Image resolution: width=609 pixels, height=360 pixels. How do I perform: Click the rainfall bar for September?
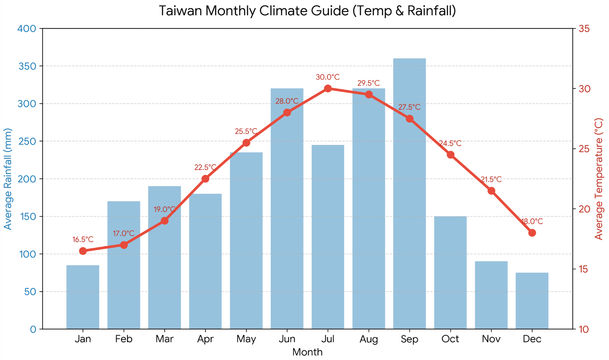click(409, 193)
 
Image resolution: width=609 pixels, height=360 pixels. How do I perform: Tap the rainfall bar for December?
click(532, 300)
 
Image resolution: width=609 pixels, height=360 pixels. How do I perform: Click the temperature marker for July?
click(328, 89)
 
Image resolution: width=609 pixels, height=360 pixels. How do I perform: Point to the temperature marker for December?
click(532, 233)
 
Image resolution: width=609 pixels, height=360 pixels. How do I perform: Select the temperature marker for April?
click(205, 179)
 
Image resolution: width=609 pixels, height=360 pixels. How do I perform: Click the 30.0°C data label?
click(328, 77)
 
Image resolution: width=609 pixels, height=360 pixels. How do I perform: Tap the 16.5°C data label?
click(83, 240)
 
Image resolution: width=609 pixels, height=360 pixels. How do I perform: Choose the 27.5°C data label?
click(409, 107)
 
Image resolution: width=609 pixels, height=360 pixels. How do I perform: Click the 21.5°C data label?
click(491, 180)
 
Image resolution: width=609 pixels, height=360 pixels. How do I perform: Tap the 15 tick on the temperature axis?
click(584, 269)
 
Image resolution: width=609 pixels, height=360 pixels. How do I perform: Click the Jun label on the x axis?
click(287, 339)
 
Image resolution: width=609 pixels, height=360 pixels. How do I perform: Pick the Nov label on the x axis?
click(491, 339)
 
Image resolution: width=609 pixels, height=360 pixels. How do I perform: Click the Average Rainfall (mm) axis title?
click(8, 179)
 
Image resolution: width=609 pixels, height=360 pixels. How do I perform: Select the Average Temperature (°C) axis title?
click(599, 179)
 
